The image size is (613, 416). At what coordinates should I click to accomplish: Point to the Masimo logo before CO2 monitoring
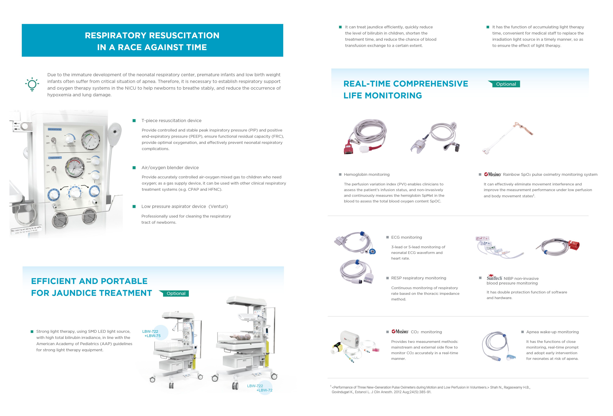point(400,332)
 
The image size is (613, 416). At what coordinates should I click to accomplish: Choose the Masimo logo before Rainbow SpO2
point(492,174)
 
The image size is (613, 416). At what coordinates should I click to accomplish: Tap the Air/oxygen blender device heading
point(170,168)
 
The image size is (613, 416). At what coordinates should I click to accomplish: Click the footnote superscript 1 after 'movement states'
point(534,195)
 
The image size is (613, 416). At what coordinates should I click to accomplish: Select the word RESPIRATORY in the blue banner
point(115,35)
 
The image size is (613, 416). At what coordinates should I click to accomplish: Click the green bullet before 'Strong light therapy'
point(32,332)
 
